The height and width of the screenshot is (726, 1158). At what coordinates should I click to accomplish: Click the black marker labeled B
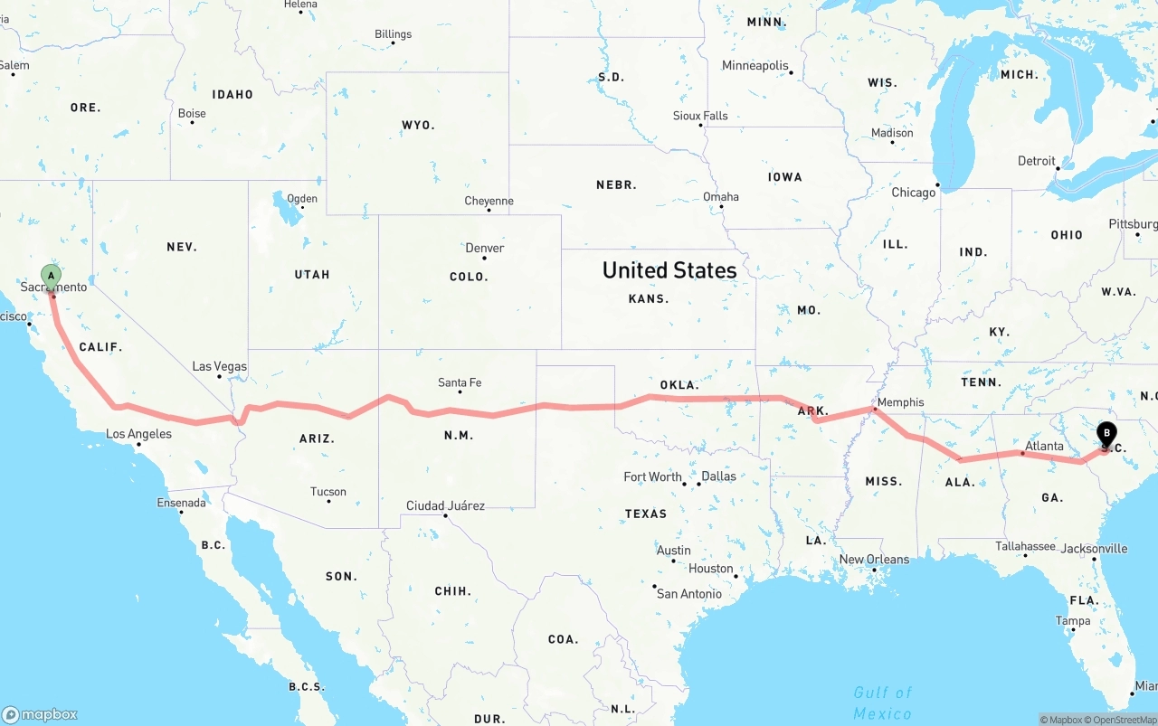(x=1106, y=434)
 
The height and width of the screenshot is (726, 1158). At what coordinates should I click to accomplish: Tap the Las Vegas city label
(x=219, y=366)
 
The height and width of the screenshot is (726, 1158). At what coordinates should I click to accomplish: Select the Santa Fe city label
(x=460, y=382)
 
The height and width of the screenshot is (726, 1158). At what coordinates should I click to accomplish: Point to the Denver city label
(x=485, y=248)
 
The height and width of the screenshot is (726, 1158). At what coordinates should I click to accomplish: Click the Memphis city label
(x=900, y=402)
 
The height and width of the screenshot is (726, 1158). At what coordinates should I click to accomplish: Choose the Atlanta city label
(x=1044, y=446)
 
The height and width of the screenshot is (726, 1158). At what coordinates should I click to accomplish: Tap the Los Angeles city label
(x=138, y=434)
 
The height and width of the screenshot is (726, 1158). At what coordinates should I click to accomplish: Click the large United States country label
(x=669, y=269)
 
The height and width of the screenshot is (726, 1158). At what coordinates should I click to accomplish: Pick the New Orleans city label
(x=874, y=559)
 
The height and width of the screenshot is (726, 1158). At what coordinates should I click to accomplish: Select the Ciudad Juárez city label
(x=445, y=505)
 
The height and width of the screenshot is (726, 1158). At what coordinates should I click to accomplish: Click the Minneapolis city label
(x=755, y=65)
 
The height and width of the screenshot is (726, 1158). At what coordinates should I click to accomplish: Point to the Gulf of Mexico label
(x=882, y=702)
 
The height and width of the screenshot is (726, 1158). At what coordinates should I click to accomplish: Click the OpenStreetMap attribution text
(x=1124, y=720)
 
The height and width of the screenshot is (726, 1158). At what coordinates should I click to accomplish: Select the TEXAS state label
(x=645, y=514)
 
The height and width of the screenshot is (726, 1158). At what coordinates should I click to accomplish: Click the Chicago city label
(x=914, y=193)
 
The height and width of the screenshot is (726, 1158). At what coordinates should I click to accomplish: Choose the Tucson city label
(x=328, y=492)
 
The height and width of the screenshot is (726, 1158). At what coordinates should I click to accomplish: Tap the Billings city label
(x=393, y=34)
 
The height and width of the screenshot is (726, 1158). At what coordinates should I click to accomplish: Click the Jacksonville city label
(x=1094, y=548)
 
